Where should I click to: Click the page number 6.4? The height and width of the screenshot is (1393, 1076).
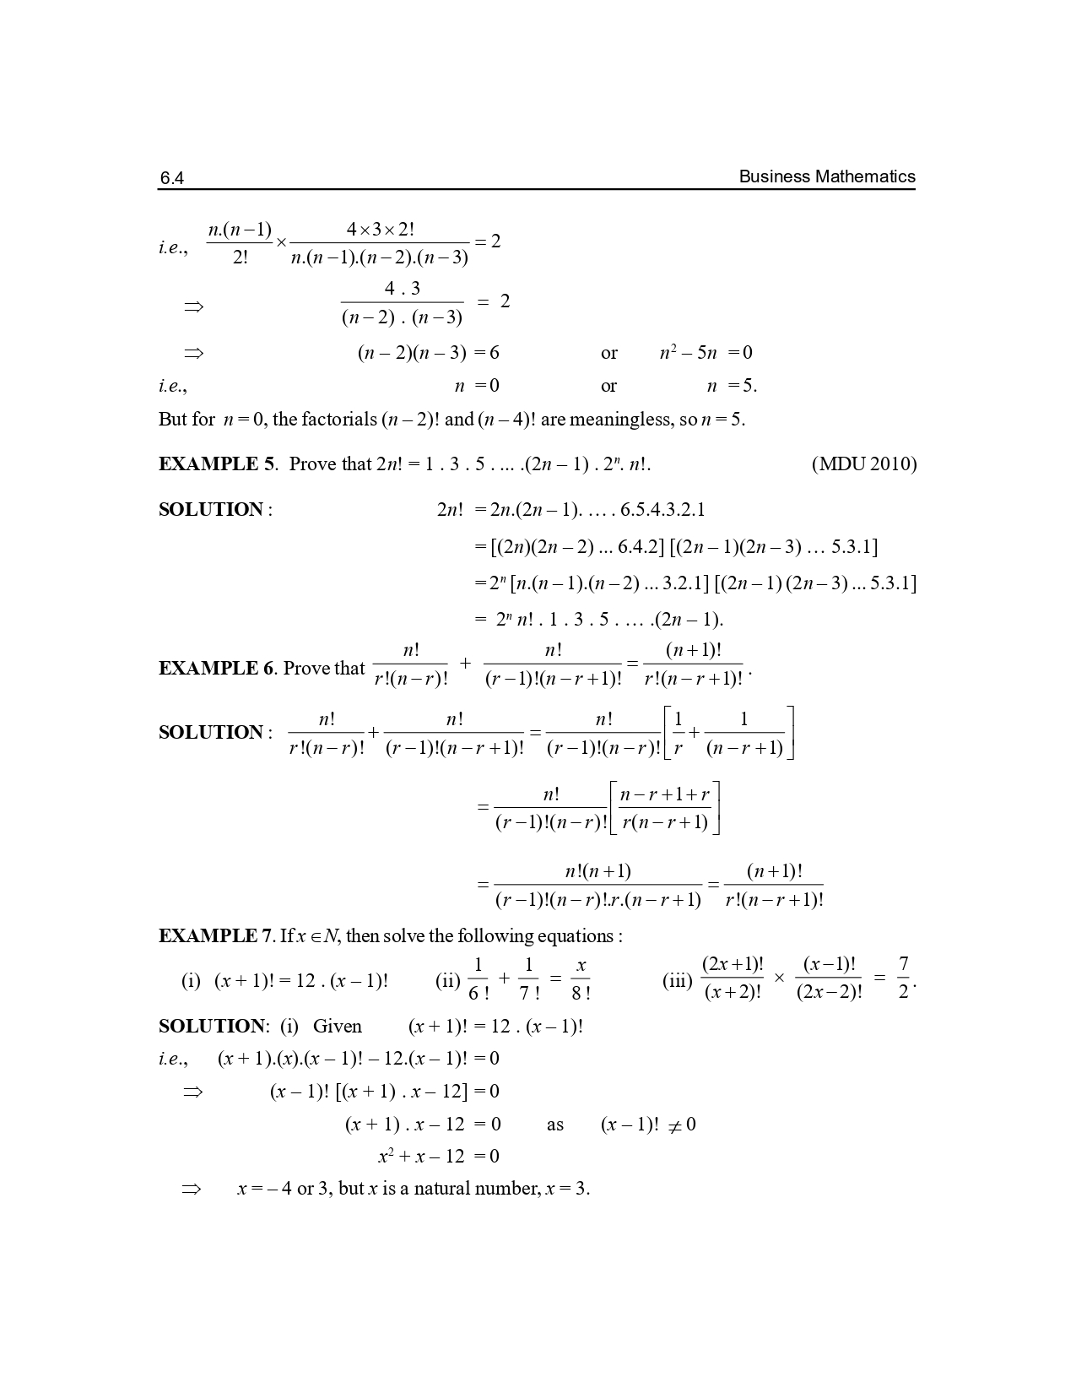pyautogui.click(x=171, y=178)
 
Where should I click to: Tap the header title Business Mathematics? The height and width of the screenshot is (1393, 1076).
pyautogui.click(x=826, y=176)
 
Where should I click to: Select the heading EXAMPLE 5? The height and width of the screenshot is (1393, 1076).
pyautogui.click(x=217, y=464)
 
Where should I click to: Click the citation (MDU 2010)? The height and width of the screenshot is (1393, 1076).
pyautogui.click(x=863, y=464)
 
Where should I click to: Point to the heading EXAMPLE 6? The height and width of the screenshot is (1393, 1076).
pyautogui.click(x=217, y=669)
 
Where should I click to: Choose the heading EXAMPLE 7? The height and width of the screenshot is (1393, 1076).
pyautogui.click(x=217, y=936)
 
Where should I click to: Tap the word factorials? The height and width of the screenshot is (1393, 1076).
pyautogui.click(x=337, y=420)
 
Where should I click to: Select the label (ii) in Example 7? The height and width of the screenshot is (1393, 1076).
pyautogui.click(x=446, y=981)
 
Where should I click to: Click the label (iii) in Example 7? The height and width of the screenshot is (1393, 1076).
pyautogui.click(x=677, y=981)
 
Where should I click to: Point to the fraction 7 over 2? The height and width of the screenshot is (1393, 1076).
pyautogui.click(x=903, y=978)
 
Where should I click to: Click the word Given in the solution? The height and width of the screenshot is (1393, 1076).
pyautogui.click(x=337, y=1027)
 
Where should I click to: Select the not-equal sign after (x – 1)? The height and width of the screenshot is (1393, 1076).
pyautogui.click(x=674, y=1125)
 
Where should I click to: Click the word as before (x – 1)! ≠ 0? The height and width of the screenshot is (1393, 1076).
pyautogui.click(x=554, y=1125)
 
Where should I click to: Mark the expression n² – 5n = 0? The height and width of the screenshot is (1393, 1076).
pyautogui.click(x=706, y=353)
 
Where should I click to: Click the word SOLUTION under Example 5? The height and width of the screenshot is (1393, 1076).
pyautogui.click(x=211, y=510)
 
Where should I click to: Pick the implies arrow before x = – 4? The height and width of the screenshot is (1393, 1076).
pyautogui.click(x=192, y=1189)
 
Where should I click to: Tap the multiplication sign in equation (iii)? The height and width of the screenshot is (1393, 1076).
pyautogui.click(x=779, y=978)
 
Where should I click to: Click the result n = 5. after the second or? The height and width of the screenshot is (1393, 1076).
pyautogui.click(x=731, y=386)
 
